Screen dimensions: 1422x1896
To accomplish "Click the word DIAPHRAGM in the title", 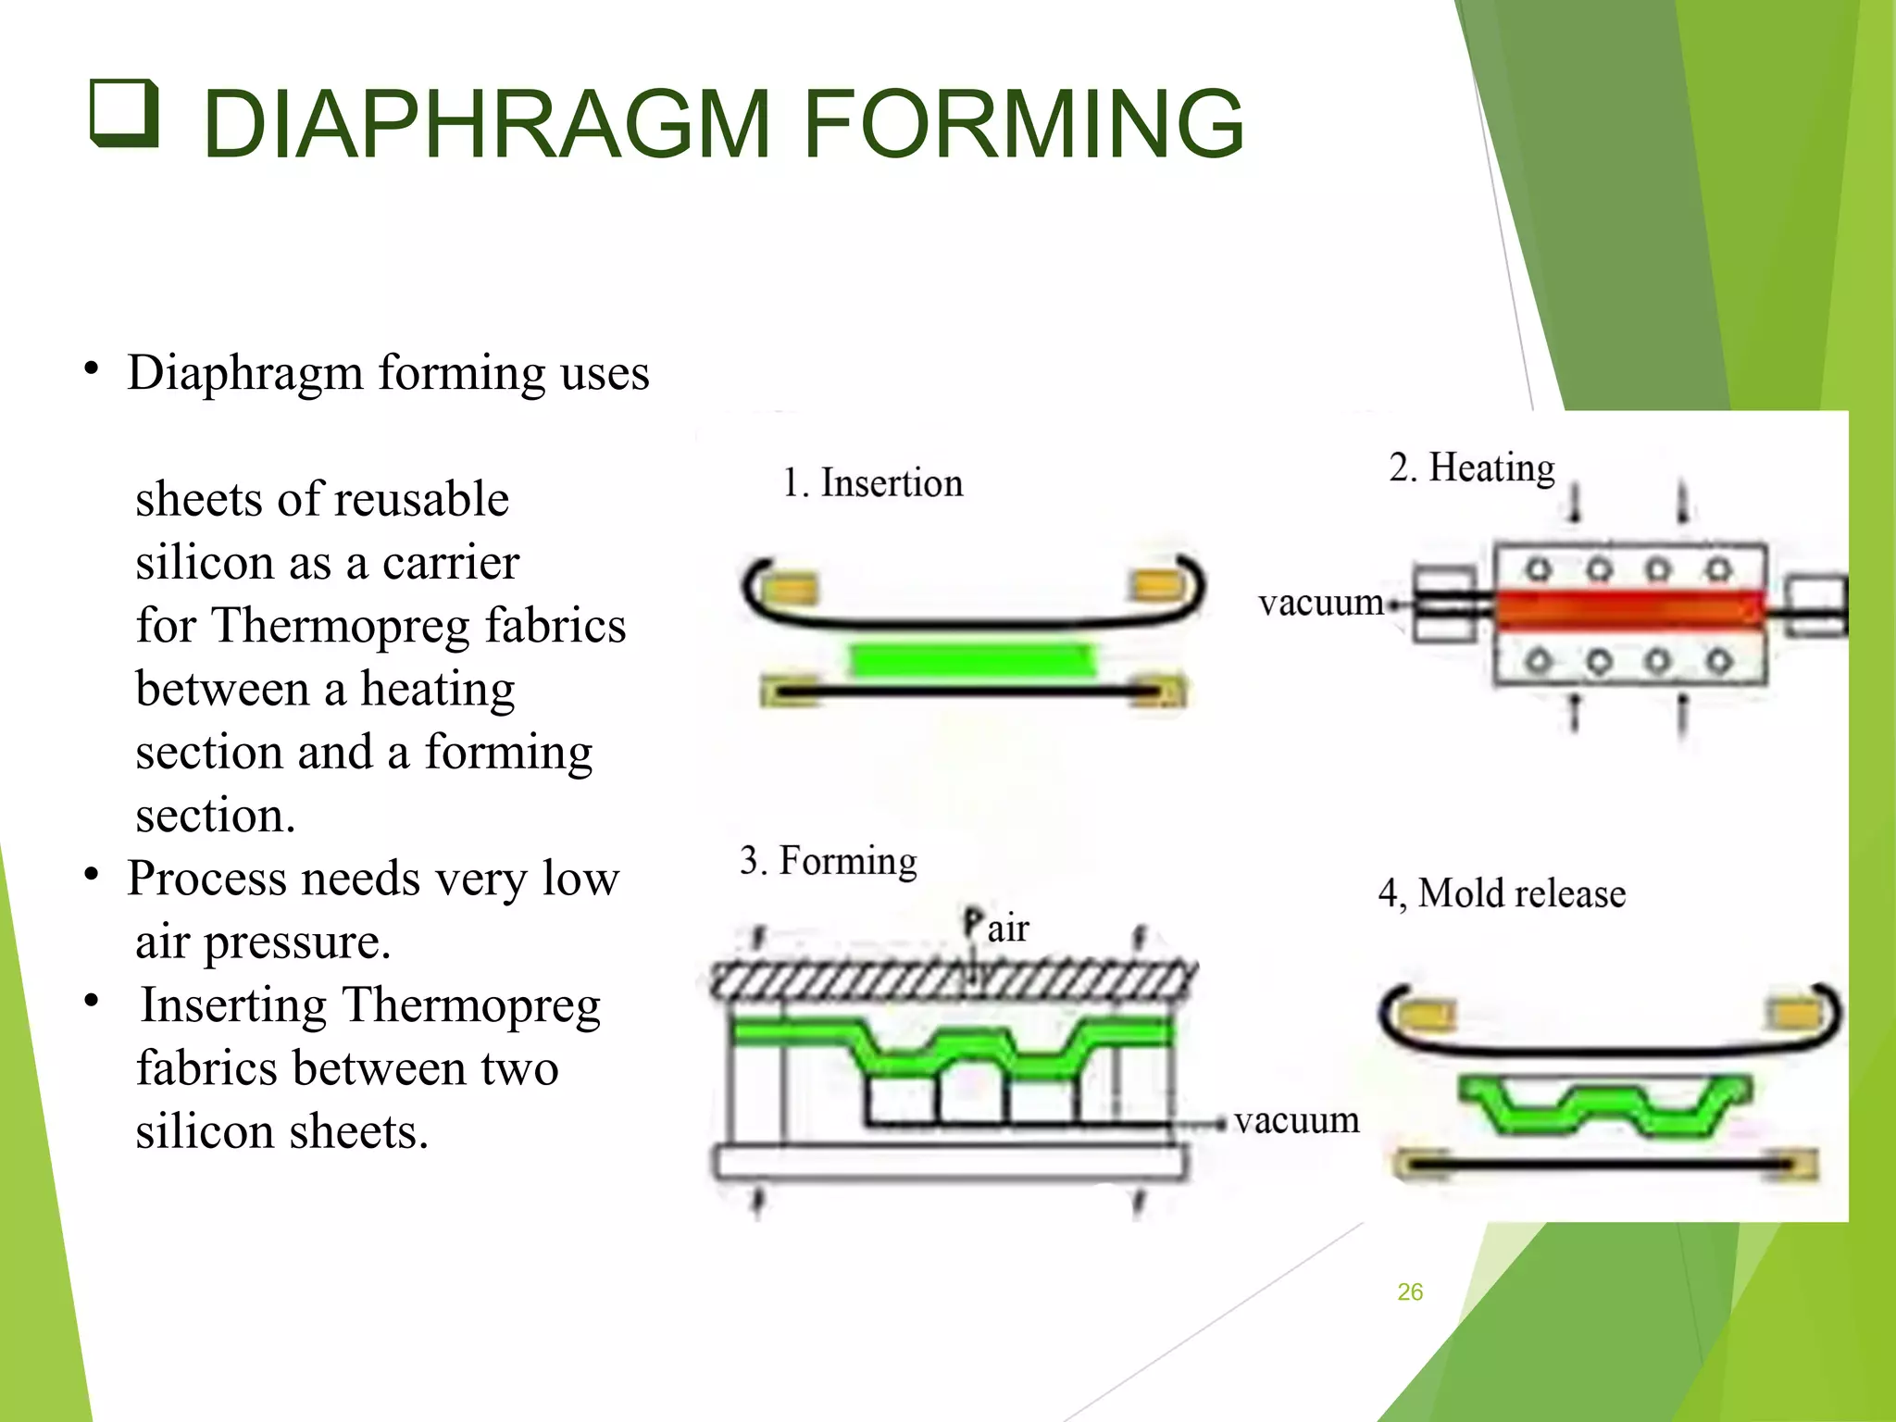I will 486,123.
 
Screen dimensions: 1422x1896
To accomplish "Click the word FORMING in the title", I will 1023,123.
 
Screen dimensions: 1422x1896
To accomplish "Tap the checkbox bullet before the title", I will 124,113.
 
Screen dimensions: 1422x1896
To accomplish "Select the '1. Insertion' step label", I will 872,483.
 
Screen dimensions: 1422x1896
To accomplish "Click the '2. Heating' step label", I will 1471,468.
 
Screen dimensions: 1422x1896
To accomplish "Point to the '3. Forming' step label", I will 828,861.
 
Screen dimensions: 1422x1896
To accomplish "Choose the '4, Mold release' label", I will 1502,893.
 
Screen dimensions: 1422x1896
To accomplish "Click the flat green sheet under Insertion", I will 972,661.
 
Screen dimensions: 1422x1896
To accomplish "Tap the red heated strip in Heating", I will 1629,608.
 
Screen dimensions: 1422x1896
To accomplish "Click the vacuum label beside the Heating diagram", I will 1320,603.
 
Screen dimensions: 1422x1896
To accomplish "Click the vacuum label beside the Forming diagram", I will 1296,1120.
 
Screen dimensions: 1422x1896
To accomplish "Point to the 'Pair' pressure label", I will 996,927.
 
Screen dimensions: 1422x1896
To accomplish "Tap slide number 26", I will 1410,1291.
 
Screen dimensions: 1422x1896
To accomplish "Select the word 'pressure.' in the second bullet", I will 297,942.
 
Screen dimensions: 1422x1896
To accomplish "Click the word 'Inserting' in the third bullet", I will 233,1005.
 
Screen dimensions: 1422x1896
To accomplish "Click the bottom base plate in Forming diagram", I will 949,1163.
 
